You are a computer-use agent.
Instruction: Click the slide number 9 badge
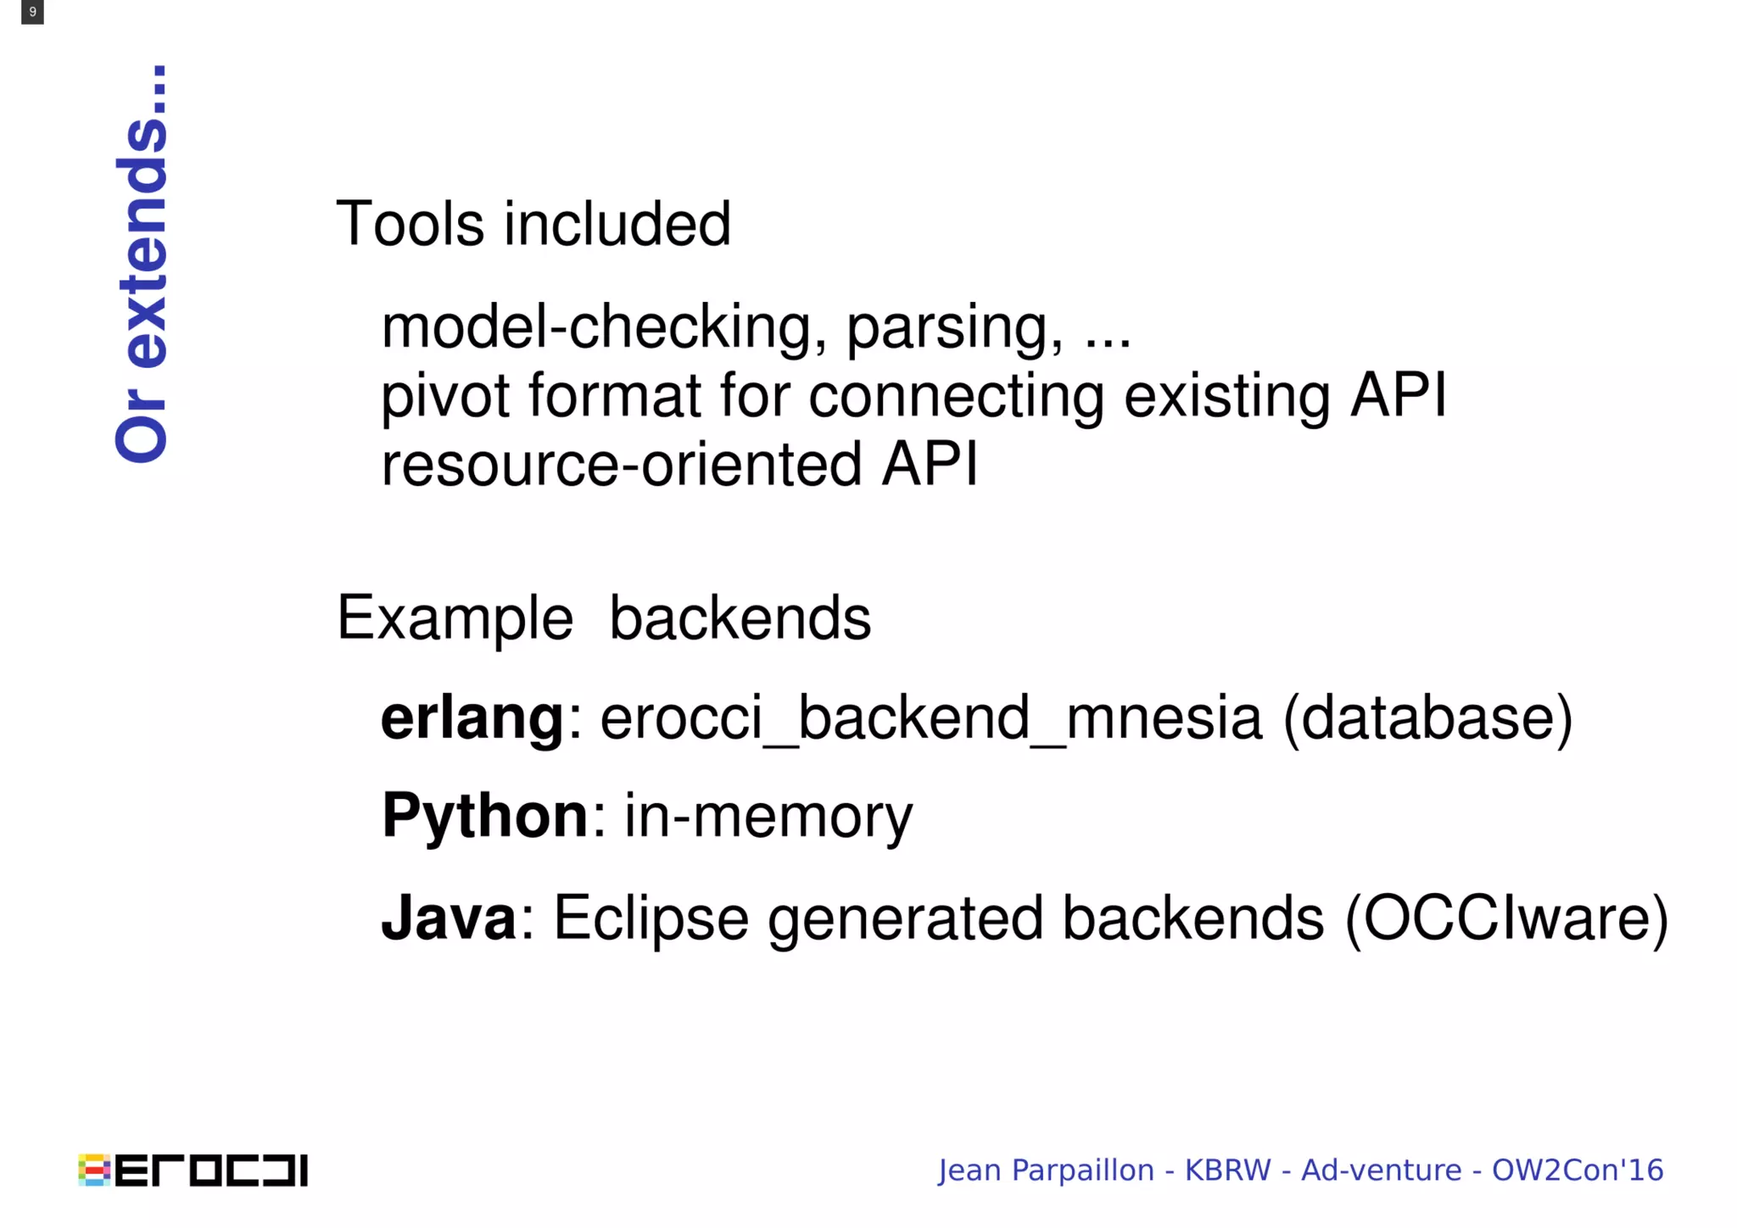click(32, 12)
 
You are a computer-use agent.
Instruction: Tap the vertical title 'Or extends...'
click(142, 264)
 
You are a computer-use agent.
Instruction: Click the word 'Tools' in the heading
click(410, 224)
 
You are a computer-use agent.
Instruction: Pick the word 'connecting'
click(956, 397)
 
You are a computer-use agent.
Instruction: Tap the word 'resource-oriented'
click(621, 464)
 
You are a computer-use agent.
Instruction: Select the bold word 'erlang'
click(472, 718)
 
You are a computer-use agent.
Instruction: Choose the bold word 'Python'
click(484, 815)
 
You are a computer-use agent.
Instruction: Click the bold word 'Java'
click(449, 918)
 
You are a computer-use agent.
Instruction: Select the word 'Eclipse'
click(651, 919)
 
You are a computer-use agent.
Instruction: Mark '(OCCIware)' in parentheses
click(1506, 918)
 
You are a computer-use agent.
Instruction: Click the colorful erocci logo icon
click(94, 1170)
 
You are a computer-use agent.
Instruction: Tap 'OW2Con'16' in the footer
click(1578, 1170)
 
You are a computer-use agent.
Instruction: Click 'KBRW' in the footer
click(1227, 1170)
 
